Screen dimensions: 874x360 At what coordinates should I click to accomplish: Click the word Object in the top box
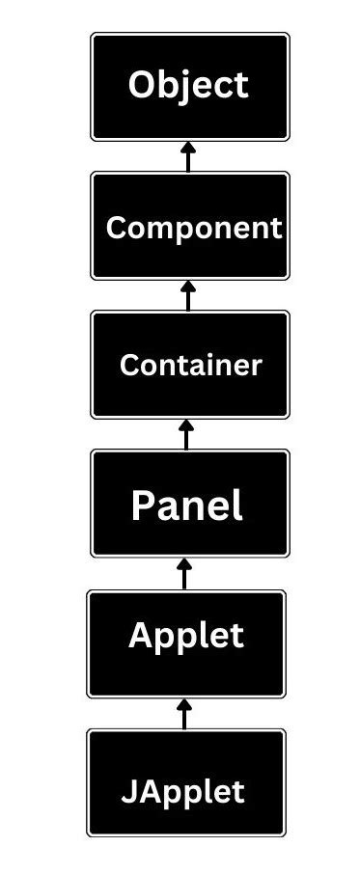pyautogui.click(x=188, y=85)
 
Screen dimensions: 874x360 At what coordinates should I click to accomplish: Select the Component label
pyautogui.click(x=193, y=228)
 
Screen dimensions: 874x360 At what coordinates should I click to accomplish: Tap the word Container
pyautogui.click(x=190, y=366)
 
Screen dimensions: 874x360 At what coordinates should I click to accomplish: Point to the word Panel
pyautogui.click(x=187, y=505)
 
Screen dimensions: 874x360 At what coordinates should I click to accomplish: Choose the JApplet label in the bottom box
pyautogui.click(x=182, y=792)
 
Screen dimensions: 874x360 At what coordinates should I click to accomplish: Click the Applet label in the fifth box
pyautogui.click(x=186, y=636)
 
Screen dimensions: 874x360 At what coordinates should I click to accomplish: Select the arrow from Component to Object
pyautogui.click(x=188, y=156)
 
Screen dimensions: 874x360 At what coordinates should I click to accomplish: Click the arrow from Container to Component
pyautogui.click(x=188, y=295)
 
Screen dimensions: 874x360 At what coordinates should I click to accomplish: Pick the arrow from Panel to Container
pyautogui.click(x=187, y=434)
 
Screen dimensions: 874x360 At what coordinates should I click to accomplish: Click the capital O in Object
pyautogui.click(x=143, y=85)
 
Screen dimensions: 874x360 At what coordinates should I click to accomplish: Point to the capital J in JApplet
pyautogui.click(x=127, y=793)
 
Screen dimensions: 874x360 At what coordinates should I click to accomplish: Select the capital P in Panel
pyautogui.click(x=143, y=505)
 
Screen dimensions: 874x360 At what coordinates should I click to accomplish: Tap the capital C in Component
pyautogui.click(x=116, y=228)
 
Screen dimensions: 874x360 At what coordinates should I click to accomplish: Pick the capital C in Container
pyautogui.click(x=128, y=366)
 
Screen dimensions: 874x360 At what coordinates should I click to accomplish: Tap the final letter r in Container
pyautogui.click(x=257, y=368)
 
